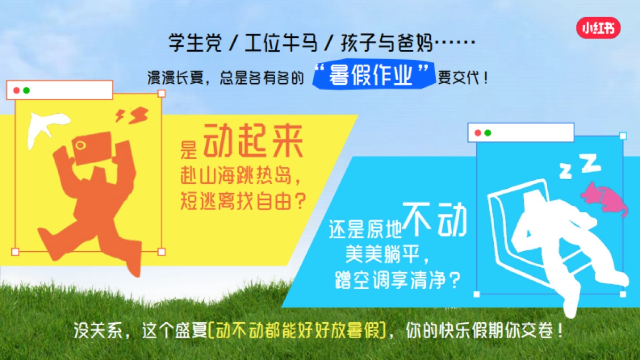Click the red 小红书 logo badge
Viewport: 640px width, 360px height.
(598, 28)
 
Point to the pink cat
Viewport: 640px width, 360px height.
(604, 198)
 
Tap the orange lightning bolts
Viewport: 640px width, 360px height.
(132, 115)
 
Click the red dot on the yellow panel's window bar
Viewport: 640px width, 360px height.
(17, 90)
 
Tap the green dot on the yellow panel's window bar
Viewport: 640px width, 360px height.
(26, 90)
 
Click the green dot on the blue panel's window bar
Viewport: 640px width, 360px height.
(487, 133)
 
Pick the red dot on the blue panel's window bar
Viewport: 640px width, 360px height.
(478, 133)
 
